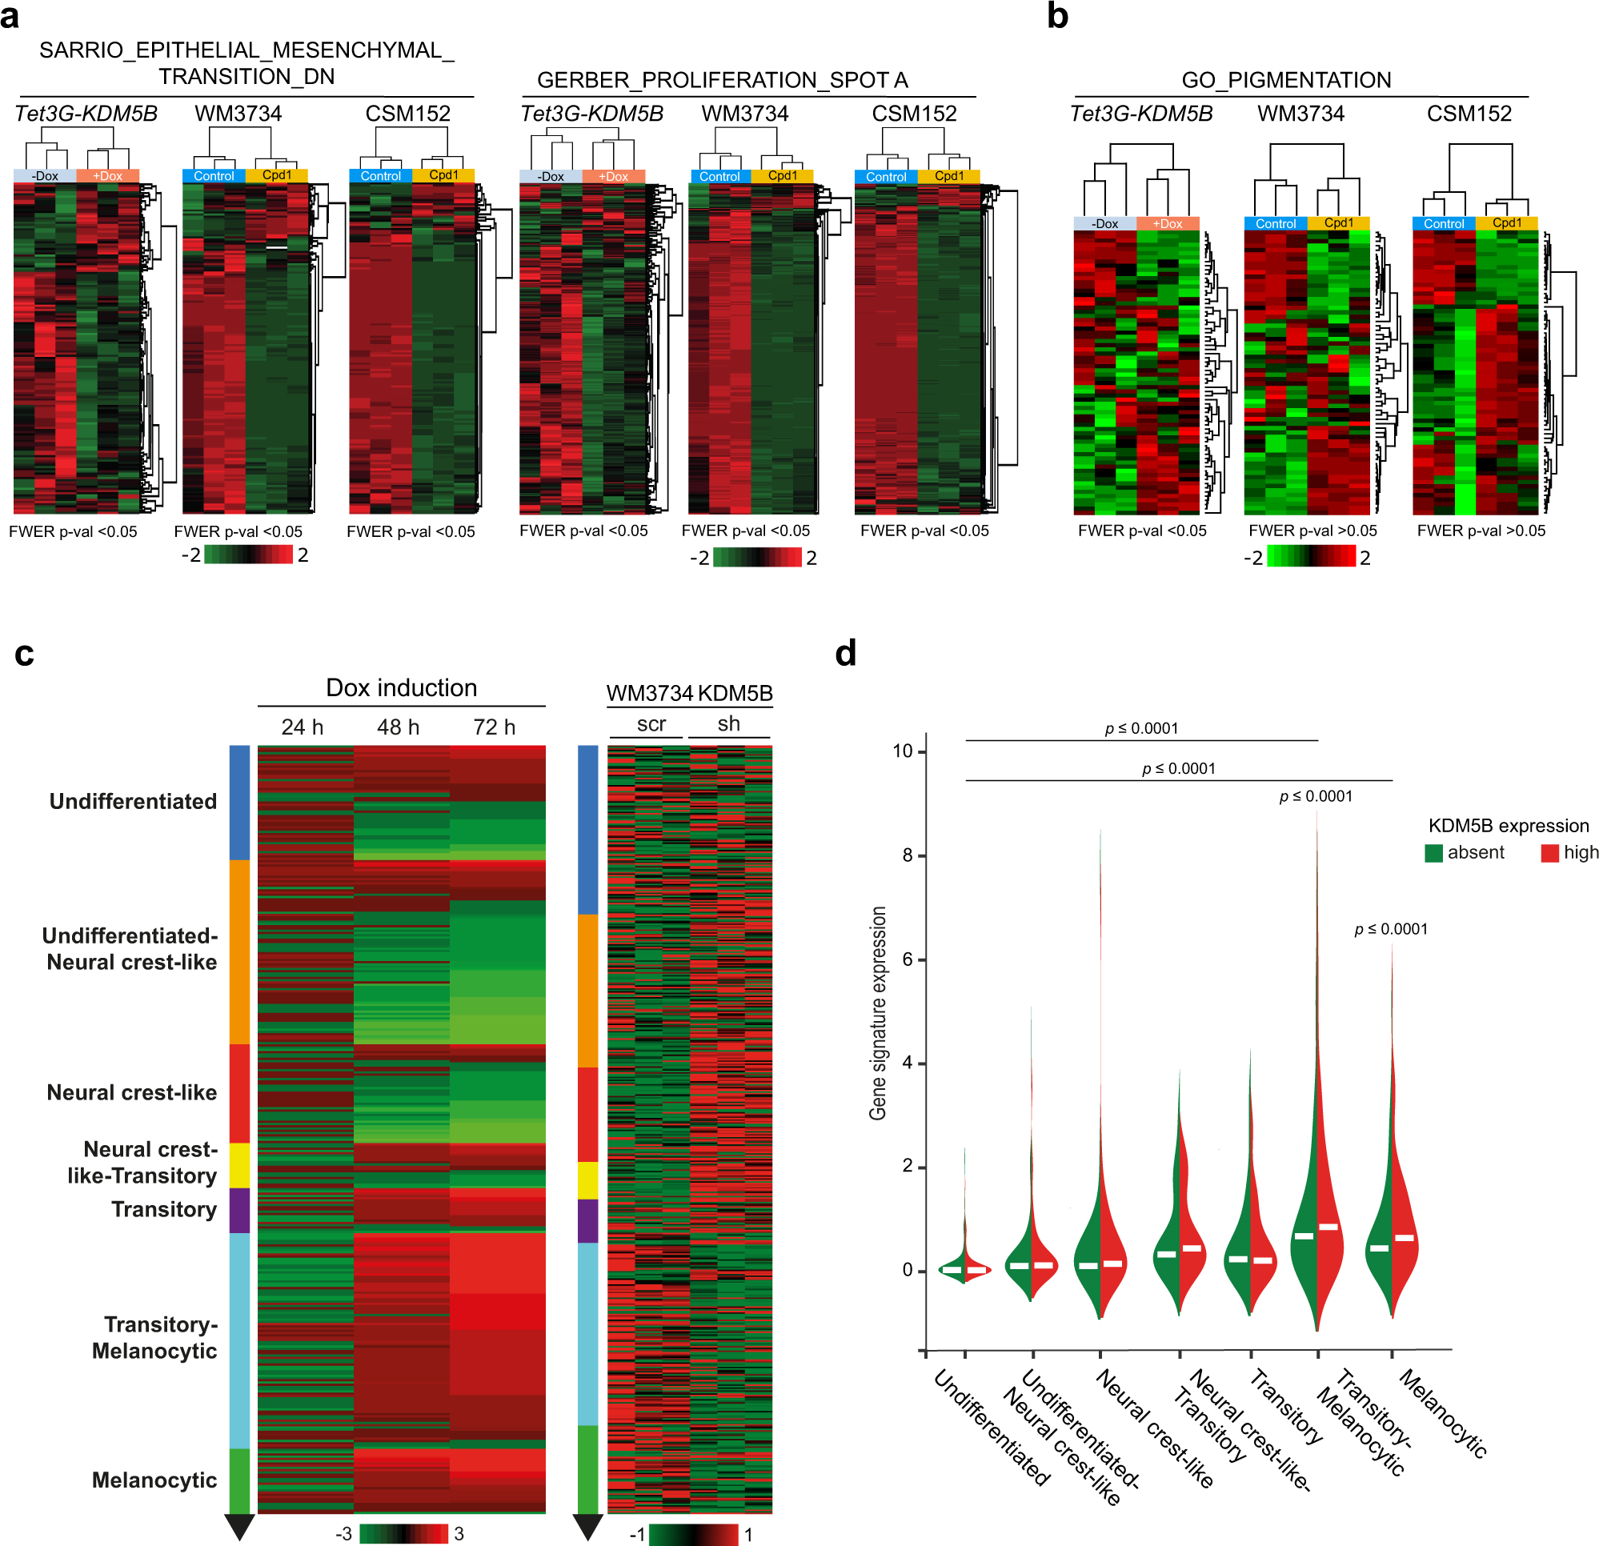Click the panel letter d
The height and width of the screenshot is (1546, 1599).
point(846,654)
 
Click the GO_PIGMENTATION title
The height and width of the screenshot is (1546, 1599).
point(1286,80)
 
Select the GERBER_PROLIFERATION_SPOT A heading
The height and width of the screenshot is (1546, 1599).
point(722,80)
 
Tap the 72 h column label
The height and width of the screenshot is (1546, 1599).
point(495,727)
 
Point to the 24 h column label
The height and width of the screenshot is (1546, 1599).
point(302,727)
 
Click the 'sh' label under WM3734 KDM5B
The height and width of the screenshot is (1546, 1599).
point(728,723)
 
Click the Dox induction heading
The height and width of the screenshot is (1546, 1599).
point(402,687)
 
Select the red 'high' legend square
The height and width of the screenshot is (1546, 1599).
point(1549,852)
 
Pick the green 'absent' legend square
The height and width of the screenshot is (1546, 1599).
point(1433,852)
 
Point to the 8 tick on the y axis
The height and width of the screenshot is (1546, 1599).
point(908,855)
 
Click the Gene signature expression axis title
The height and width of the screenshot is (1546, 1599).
point(878,1013)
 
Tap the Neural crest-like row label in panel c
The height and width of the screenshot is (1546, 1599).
point(131,1092)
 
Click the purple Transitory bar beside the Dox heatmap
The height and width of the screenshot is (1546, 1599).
point(239,1210)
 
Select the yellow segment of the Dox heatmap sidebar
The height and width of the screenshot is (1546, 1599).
point(239,1165)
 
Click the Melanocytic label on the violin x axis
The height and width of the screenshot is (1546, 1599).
point(1443,1413)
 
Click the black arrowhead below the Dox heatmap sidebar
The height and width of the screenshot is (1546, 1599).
point(239,1526)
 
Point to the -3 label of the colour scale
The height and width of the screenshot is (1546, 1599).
point(343,1534)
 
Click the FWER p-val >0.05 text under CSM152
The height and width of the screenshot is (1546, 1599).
point(1481,531)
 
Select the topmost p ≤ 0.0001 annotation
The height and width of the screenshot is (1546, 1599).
point(1141,728)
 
